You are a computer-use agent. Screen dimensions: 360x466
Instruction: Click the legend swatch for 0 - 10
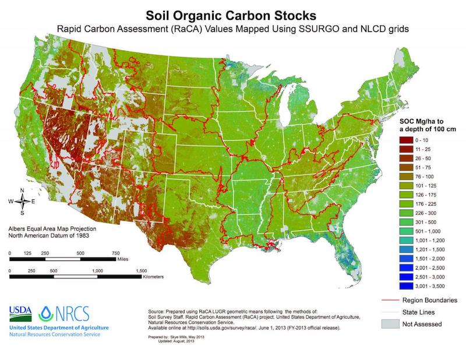coord(405,141)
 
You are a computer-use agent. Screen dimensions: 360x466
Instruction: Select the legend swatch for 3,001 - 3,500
coord(405,287)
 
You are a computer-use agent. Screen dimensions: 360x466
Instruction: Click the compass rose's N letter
coord(22,190)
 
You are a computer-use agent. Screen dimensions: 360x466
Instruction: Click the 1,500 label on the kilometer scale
coord(141,271)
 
